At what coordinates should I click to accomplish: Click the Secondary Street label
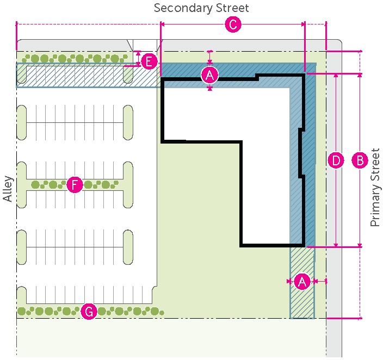(x=201, y=8)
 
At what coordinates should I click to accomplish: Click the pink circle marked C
(x=233, y=24)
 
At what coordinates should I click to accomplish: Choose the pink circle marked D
(x=336, y=160)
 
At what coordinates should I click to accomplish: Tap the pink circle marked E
(x=149, y=61)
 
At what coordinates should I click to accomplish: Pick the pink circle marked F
(x=74, y=185)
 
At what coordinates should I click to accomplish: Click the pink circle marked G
(x=88, y=312)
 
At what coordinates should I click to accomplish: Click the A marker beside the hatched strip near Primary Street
(x=302, y=281)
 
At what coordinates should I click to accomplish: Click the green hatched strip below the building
(x=302, y=283)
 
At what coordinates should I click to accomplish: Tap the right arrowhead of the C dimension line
(x=302, y=24)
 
